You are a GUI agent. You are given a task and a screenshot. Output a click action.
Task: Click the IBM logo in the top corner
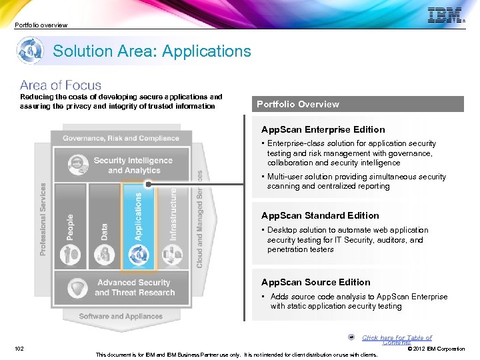coord(445,15)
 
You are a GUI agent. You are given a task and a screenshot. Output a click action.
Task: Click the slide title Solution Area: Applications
coord(152,51)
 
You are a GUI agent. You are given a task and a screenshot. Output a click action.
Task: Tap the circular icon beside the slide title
coord(31,51)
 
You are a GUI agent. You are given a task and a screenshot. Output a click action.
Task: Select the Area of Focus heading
coord(61,85)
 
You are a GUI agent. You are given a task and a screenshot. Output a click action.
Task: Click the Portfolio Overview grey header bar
coord(359,104)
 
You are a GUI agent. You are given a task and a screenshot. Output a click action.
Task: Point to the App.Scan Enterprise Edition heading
coord(323,129)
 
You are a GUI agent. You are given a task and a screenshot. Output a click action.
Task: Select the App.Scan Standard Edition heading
coord(320,215)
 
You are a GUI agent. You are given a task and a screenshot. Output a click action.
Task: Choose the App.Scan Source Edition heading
coord(315,282)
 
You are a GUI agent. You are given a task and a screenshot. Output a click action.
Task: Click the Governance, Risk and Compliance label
coord(121,138)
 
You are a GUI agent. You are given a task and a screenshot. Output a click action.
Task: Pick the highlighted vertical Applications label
coord(139,216)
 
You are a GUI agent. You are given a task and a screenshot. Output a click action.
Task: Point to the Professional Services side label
coord(44,219)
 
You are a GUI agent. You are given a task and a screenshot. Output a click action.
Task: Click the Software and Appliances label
coord(121,316)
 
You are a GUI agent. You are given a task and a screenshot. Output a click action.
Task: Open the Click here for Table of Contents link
coord(397,339)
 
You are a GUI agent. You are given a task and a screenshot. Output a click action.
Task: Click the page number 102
coord(21,348)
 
